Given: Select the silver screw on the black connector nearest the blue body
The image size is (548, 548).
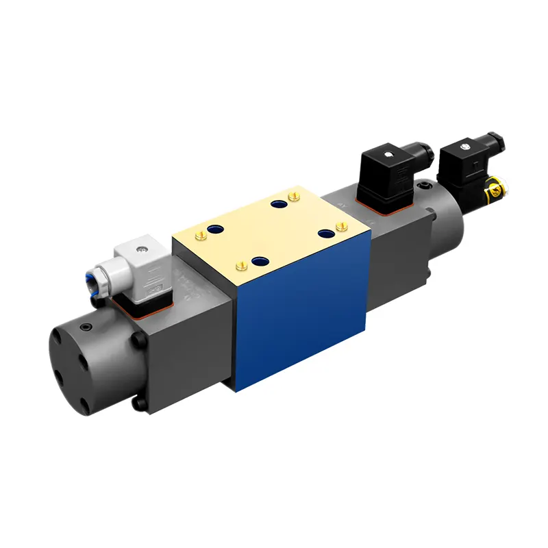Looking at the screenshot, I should pos(388,154).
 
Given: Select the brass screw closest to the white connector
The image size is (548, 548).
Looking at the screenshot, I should pos(201,236).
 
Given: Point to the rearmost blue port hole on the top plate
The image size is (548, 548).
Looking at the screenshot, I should pos(277,204).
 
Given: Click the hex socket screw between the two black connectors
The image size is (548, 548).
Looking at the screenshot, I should pos(428,186).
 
